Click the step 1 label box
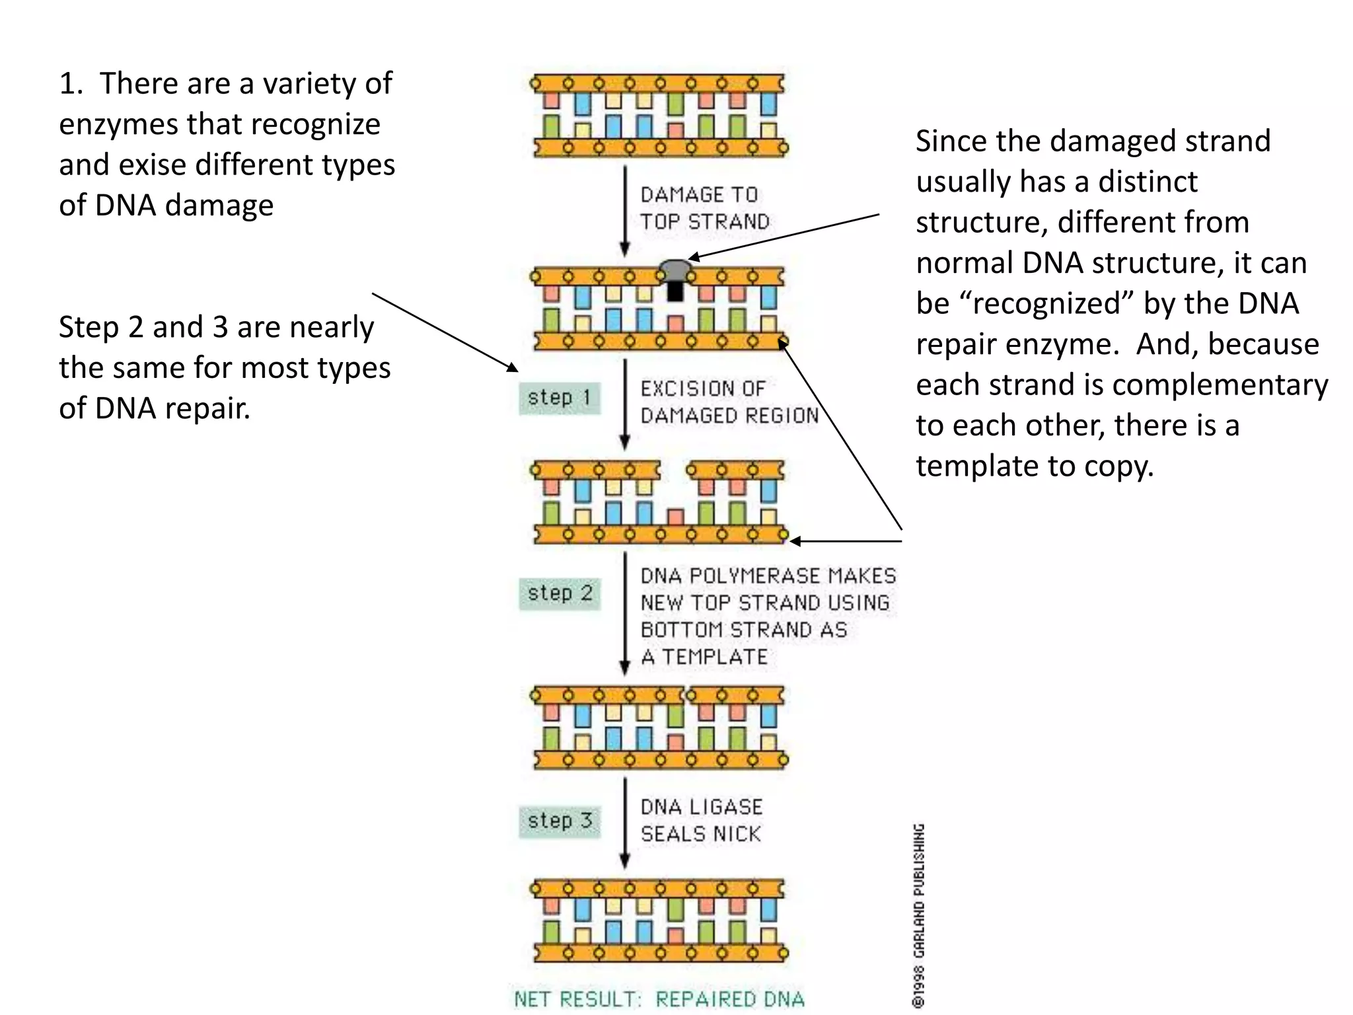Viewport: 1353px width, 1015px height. click(560, 398)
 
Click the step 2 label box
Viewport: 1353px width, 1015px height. click(560, 593)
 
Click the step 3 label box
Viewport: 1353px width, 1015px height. click(560, 821)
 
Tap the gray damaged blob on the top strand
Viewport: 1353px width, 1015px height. click(675, 270)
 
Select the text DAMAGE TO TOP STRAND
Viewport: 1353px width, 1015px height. click(704, 208)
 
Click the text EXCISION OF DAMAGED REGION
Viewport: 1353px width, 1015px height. click(728, 402)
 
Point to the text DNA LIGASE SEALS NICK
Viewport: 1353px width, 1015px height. click(701, 820)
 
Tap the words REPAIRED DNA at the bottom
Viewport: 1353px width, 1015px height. click(730, 999)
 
